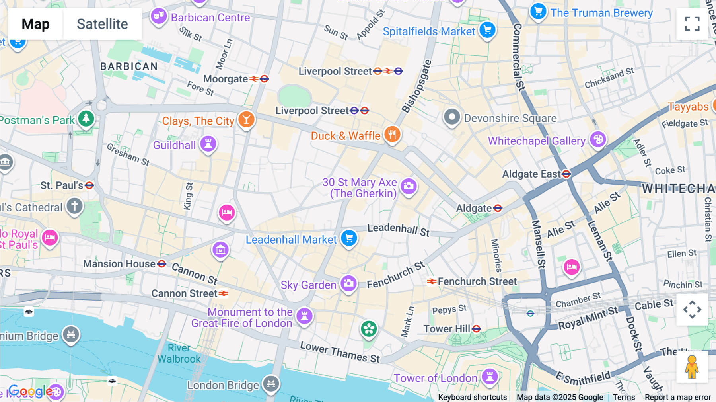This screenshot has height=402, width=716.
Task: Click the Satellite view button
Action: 102,24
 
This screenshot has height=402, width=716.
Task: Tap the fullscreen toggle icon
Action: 692,24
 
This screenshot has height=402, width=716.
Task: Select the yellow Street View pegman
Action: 692,367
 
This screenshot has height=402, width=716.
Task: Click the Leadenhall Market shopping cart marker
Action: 349,238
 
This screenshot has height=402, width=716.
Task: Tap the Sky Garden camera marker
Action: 348,284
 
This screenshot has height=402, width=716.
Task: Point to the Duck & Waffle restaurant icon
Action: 392,135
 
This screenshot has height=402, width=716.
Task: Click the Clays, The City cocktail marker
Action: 246,119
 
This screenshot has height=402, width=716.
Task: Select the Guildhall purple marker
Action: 208,144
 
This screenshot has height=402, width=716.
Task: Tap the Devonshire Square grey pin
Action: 452,117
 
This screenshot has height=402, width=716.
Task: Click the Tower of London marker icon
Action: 490,376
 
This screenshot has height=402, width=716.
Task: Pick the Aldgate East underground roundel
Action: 566,174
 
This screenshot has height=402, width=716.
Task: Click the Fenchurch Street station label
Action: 477,281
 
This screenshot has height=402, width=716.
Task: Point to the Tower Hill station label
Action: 447,329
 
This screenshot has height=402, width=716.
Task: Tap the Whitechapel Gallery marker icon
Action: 598,140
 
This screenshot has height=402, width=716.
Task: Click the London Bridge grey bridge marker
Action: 271,384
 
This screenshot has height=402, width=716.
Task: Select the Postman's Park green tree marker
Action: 86,118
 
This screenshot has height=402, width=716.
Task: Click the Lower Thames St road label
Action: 340,352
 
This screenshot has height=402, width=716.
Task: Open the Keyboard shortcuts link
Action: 472,397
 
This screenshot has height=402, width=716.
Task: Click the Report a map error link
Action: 677,397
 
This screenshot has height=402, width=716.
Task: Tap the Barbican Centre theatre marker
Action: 159,16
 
